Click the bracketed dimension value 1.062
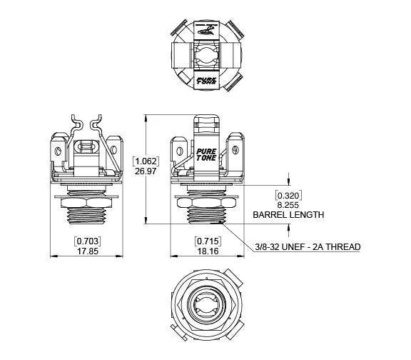click(x=146, y=161)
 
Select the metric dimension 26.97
click(x=146, y=172)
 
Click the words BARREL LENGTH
click(x=288, y=214)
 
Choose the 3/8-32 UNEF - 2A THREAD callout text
click(x=308, y=247)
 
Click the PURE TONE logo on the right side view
click(x=207, y=156)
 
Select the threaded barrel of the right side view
click(x=206, y=216)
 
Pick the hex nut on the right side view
click(x=206, y=204)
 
